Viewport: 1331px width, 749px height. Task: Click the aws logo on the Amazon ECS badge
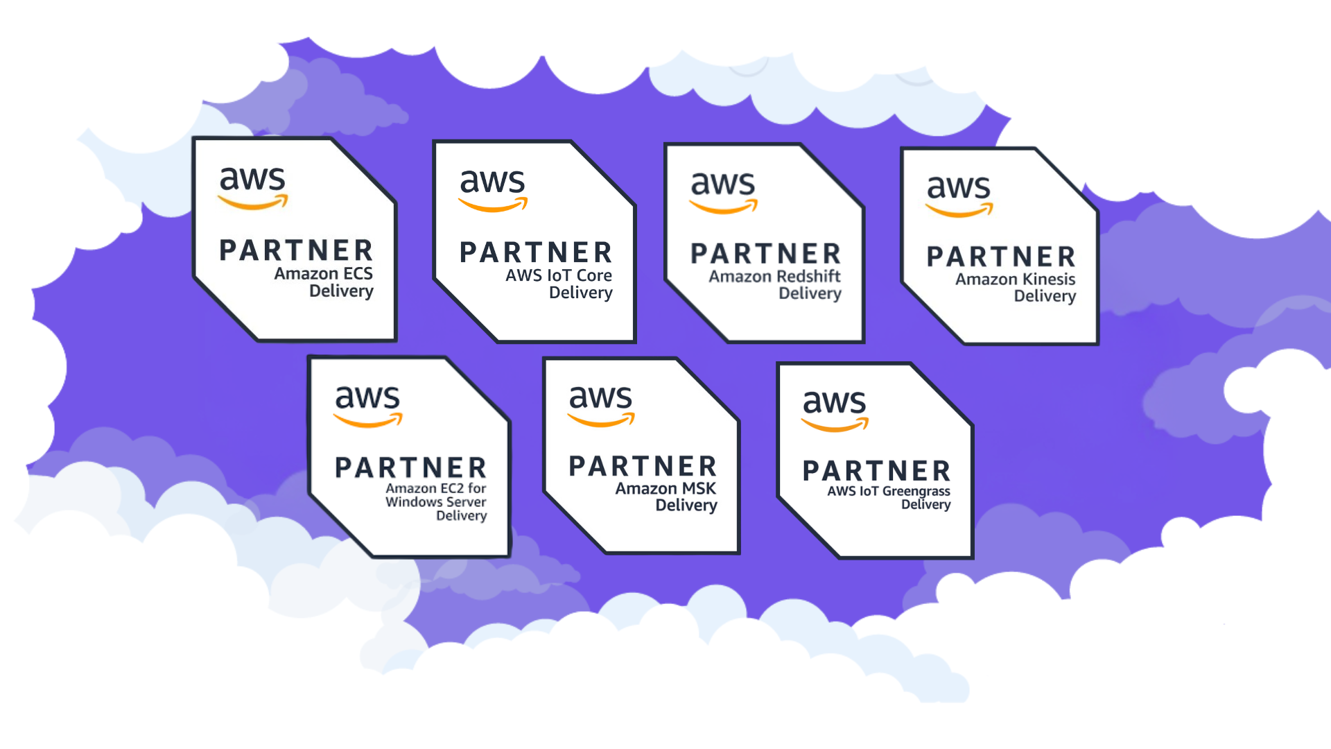[252, 187]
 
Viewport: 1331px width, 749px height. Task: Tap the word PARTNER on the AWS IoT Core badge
[536, 252]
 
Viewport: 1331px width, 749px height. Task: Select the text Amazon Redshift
[774, 276]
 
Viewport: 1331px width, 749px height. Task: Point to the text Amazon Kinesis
[1015, 279]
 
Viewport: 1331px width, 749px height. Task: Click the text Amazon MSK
[665, 488]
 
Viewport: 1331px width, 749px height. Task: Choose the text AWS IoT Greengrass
[888, 491]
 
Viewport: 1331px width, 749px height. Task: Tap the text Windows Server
[435, 501]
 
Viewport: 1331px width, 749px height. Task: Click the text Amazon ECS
[323, 273]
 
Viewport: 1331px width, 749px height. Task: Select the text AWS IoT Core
[558, 275]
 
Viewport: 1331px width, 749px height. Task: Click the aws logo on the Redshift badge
[722, 191]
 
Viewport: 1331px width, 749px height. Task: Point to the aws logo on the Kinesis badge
[959, 193]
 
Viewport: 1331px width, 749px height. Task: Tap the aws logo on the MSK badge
[600, 404]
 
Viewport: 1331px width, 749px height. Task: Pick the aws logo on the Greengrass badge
[835, 408]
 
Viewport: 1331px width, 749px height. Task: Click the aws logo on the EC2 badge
[367, 405]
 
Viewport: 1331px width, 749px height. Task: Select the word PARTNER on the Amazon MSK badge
[643, 466]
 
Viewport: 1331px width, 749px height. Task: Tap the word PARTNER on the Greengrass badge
[876, 471]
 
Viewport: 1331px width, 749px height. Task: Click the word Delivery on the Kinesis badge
[1045, 296]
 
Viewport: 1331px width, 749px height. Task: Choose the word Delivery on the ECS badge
[341, 291]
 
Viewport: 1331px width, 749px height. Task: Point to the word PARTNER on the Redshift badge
[765, 254]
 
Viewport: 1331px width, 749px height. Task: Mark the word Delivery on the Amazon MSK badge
[686, 506]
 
